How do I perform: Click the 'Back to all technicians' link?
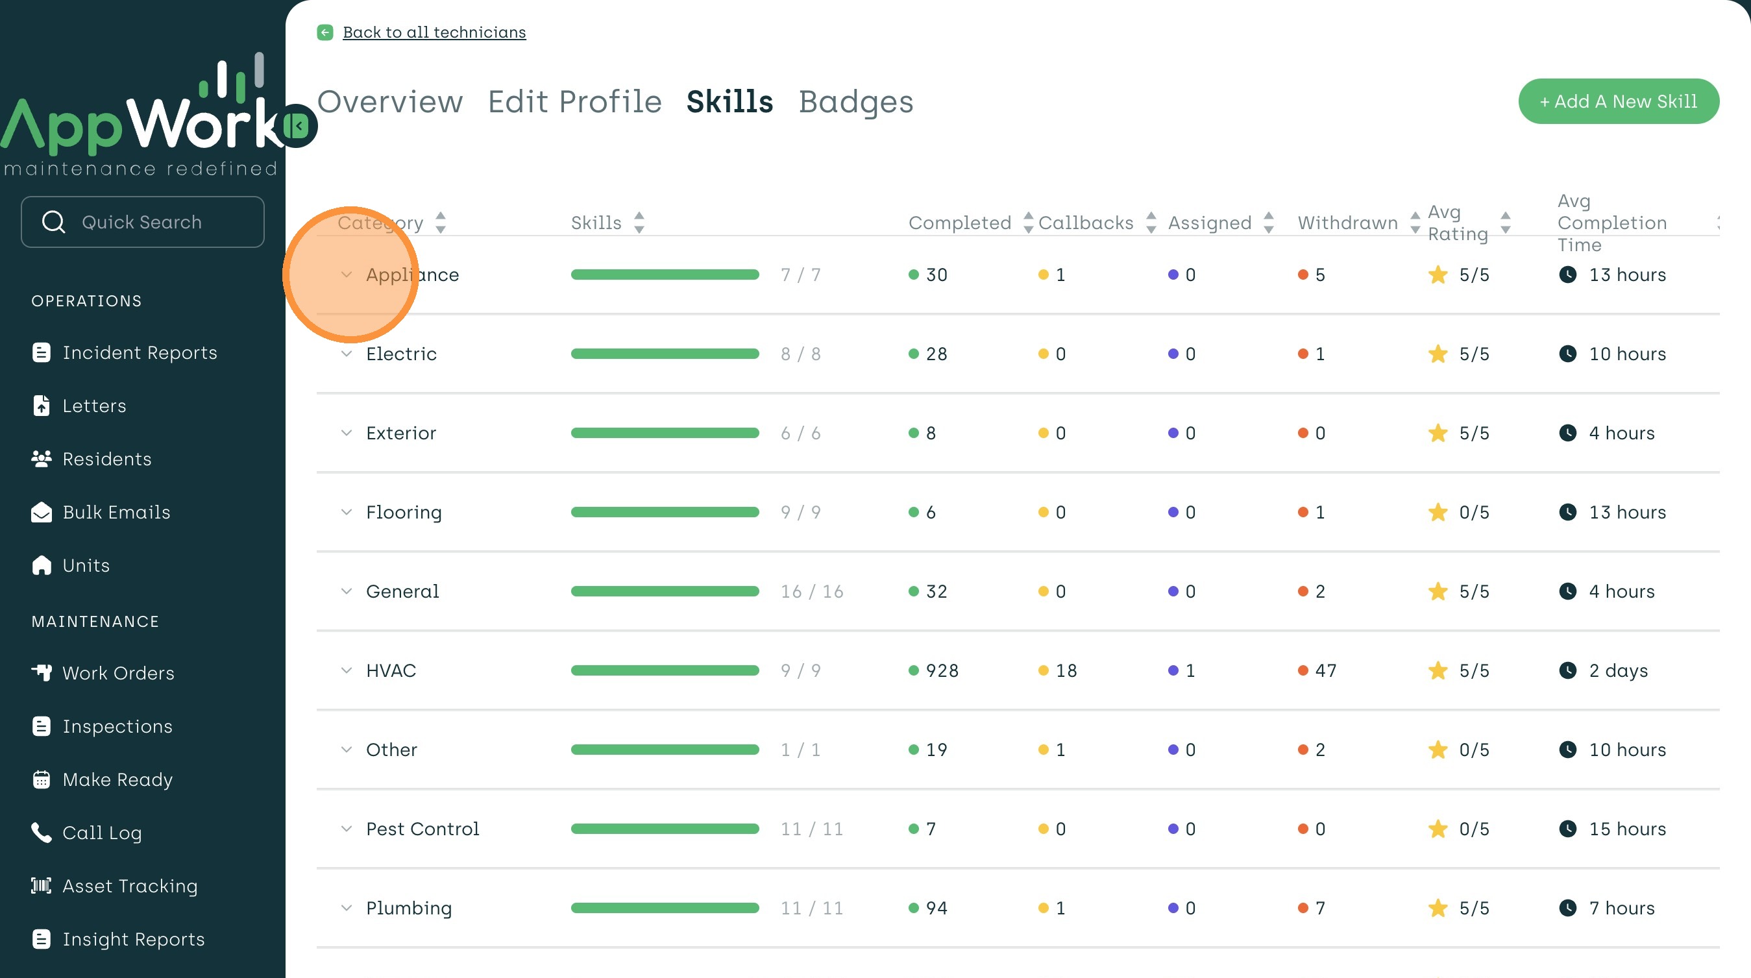(434, 32)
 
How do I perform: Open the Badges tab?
(855, 102)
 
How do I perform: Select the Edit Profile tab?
(574, 102)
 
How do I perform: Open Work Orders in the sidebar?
(118, 673)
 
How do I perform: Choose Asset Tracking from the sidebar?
(130, 886)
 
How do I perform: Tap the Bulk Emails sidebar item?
(116, 512)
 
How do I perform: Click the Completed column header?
(959, 223)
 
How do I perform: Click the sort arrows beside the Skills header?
(639, 222)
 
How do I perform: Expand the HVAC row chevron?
(347, 670)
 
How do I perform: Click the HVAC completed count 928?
(942, 671)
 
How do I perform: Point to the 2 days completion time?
(1618, 671)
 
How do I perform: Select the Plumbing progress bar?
(664, 908)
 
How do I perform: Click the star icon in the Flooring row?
(1438, 512)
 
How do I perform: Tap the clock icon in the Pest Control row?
(1567, 829)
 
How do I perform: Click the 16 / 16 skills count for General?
(812, 591)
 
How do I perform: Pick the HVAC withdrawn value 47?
(1325, 671)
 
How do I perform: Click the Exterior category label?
(401, 433)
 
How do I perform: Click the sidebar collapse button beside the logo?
(298, 126)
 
